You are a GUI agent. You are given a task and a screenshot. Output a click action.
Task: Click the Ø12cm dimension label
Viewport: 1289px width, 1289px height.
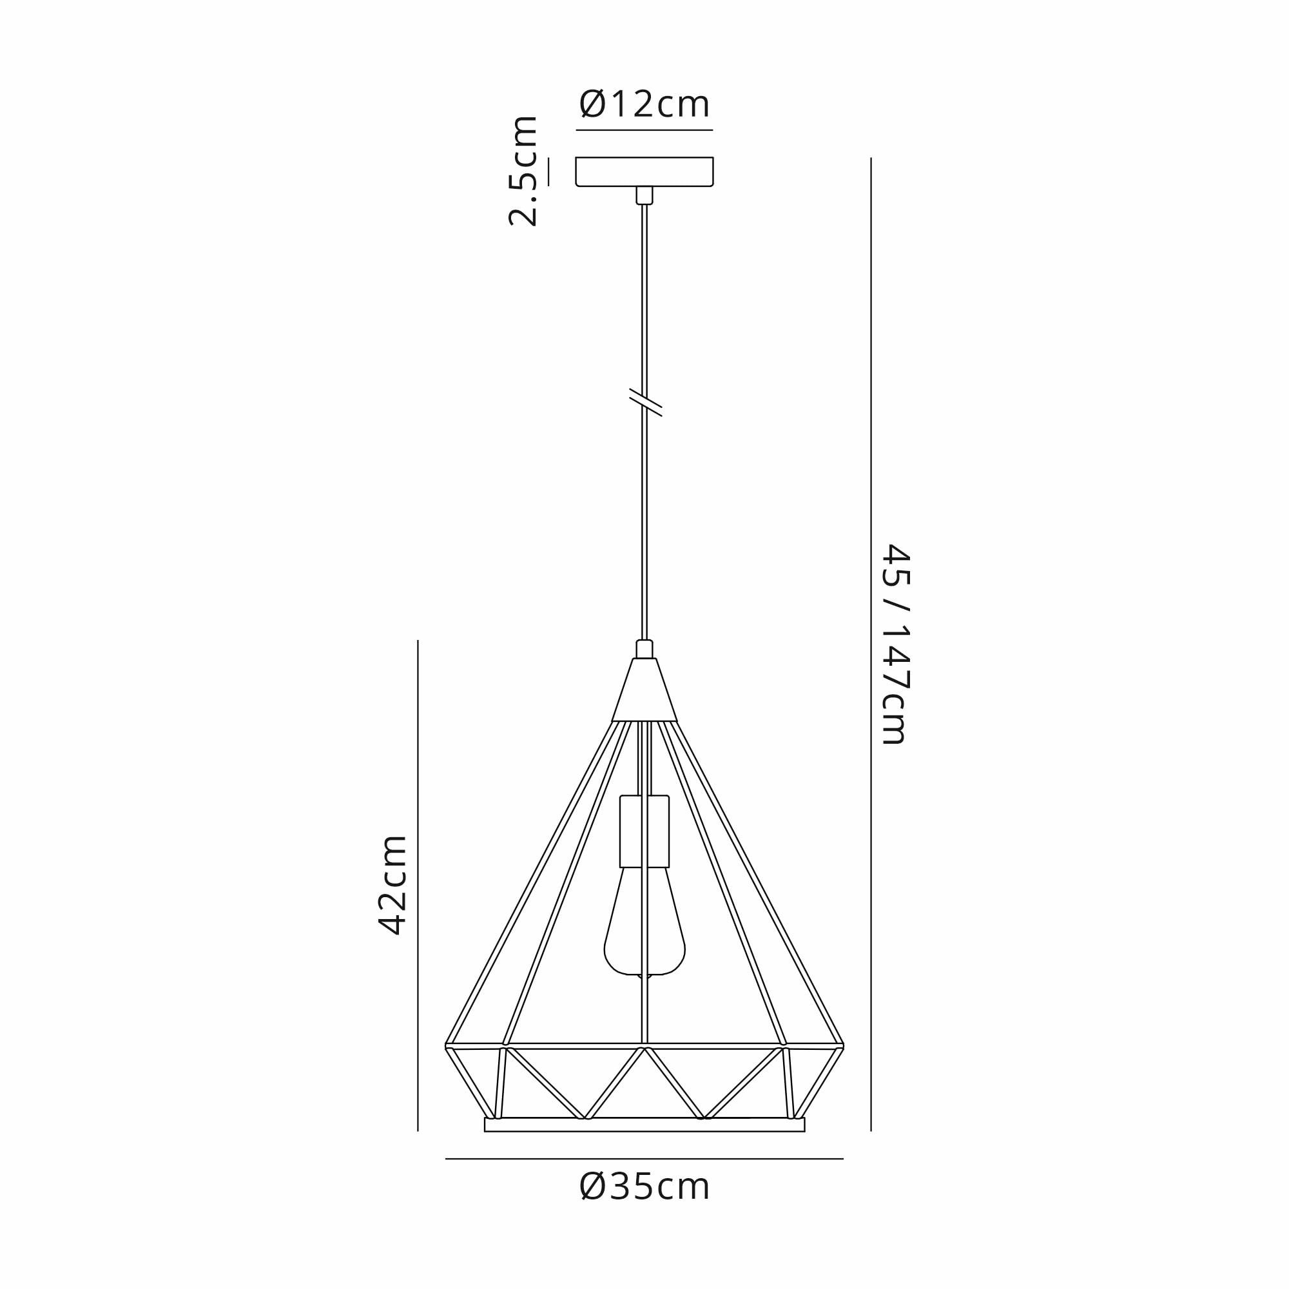pos(644,104)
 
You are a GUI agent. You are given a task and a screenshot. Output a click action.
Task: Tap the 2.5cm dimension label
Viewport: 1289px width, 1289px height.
pos(523,171)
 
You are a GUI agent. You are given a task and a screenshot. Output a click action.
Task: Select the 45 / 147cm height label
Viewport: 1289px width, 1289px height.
pos(895,644)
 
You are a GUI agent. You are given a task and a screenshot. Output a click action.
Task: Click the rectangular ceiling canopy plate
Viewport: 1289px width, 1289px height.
pos(644,171)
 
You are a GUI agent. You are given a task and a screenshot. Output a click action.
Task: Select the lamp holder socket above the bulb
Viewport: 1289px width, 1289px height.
pos(644,831)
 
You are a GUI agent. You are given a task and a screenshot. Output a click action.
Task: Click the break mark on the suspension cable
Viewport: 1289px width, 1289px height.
pos(645,402)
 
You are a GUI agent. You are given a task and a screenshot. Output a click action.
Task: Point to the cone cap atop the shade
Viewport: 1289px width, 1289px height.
pos(644,691)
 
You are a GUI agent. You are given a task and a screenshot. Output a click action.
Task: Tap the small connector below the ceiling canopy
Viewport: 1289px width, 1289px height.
pos(644,195)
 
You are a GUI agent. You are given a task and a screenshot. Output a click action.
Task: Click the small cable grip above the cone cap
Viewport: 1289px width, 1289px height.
pos(644,649)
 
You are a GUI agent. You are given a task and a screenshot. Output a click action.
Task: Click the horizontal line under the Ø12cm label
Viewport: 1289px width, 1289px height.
pos(644,130)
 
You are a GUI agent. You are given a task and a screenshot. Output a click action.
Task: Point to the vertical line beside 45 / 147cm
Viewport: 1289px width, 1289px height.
pos(871,644)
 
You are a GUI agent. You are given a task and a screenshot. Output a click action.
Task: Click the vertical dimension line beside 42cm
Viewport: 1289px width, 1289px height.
pos(418,886)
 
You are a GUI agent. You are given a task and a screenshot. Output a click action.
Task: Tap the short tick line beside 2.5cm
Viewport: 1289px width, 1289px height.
pos(549,171)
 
